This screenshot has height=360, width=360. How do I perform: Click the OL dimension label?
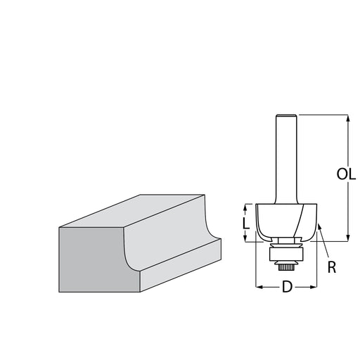(346, 174)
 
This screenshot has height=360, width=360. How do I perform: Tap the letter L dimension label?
(246, 223)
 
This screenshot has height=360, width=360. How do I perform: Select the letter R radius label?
(332, 267)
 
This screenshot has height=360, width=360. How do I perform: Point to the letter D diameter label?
(287, 287)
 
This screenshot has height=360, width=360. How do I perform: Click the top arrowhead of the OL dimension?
(348, 118)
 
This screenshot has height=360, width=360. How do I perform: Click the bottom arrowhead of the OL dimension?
(348, 238)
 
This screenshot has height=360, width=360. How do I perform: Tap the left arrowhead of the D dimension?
(259, 287)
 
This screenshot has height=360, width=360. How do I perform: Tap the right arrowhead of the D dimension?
(314, 287)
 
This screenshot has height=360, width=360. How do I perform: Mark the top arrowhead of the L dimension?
(245, 207)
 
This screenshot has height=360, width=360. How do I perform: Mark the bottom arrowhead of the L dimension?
(245, 238)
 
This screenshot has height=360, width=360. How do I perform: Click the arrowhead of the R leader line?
(319, 226)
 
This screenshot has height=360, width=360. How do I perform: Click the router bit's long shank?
(286, 160)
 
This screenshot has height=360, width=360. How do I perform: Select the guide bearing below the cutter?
(286, 254)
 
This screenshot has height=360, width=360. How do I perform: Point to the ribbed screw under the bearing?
(286, 267)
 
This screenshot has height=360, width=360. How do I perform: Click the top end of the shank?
(286, 115)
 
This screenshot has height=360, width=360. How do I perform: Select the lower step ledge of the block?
(181, 265)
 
